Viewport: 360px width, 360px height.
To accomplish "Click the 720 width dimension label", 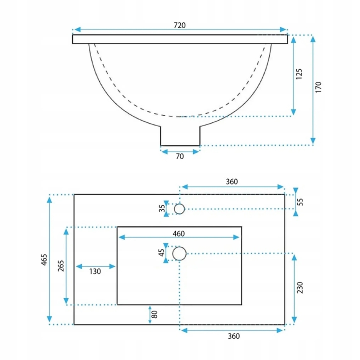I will tap(179, 25).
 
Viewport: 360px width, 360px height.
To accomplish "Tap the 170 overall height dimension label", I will tap(319, 87).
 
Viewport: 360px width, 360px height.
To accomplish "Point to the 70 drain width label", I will tap(180, 156).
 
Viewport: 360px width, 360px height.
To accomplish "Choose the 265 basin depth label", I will tap(60, 265).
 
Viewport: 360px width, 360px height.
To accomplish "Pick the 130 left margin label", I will tap(95, 272).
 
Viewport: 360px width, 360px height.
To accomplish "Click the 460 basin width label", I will tap(178, 234).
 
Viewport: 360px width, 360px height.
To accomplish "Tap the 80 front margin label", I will tap(155, 315).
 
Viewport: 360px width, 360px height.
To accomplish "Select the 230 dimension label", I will tap(300, 287).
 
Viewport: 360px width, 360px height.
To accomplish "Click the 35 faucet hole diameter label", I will tap(161, 209).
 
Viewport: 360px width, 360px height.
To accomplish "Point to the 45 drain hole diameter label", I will tap(161, 253).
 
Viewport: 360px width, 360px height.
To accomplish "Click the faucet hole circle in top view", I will tap(179, 209).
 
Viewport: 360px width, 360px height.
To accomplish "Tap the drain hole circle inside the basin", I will tap(179, 253).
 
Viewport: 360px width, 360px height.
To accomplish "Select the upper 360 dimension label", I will tap(232, 182).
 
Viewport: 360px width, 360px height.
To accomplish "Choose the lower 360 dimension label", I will tap(232, 336).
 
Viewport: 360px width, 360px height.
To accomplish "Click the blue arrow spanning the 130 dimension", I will tap(95, 266).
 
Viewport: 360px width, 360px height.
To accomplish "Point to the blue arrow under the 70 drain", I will tap(180, 151).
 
